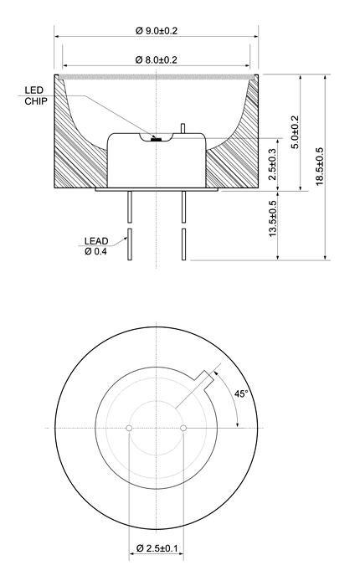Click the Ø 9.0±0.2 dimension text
[x=157, y=31]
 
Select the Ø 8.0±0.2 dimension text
[x=157, y=59]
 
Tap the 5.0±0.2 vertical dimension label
[x=296, y=132]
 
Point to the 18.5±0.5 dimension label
[x=320, y=167]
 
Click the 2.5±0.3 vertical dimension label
[x=273, y=164]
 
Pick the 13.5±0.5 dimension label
[x=273, y=218]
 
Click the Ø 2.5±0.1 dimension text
[x=157, y=548]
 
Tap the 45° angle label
[x=241, y=393]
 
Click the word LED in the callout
[x=34, y=90]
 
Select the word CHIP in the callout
[x=36, y=101]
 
